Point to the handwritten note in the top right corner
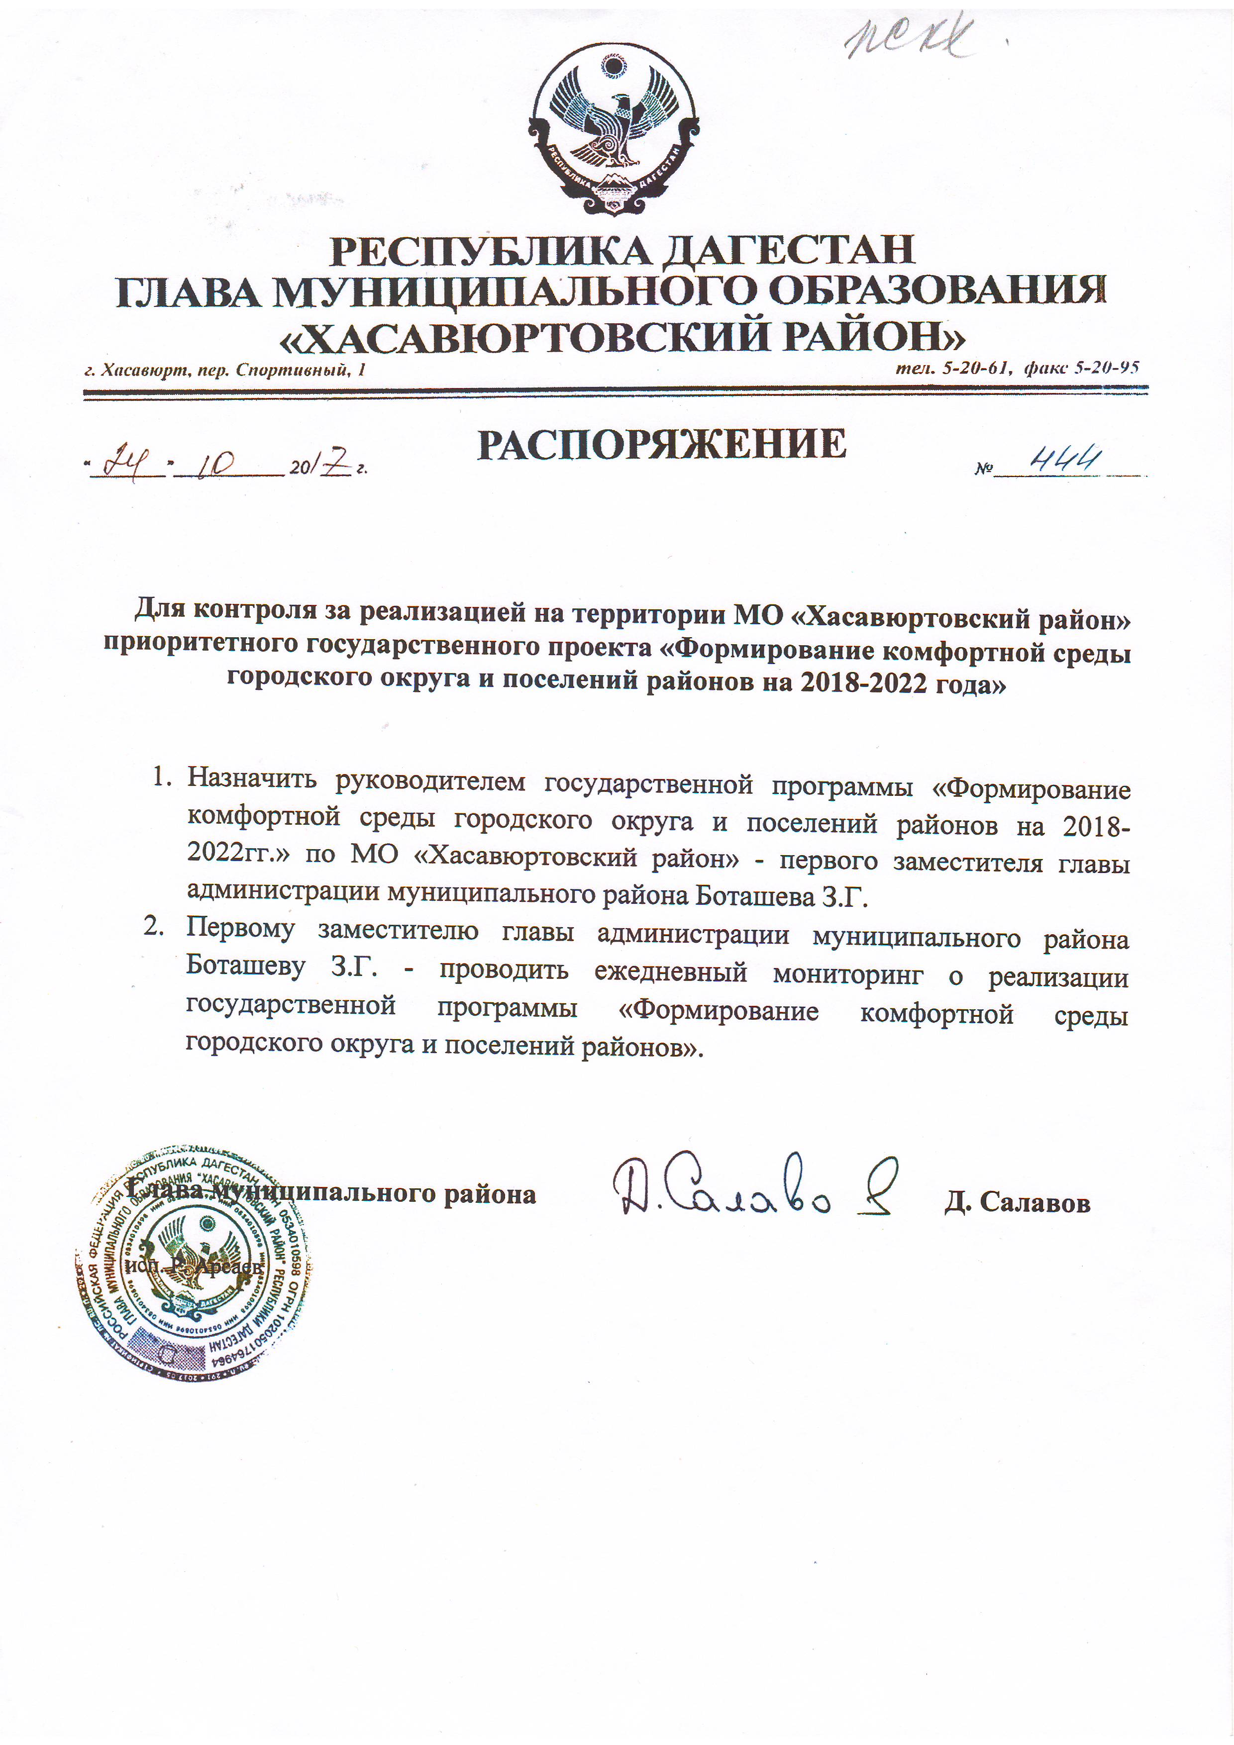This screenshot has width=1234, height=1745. tap(910, 37)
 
